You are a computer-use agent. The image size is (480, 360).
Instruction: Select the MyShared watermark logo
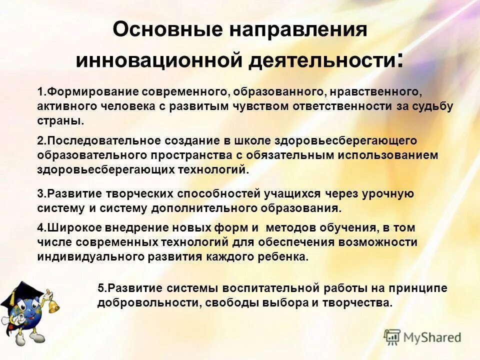click(422, 337)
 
